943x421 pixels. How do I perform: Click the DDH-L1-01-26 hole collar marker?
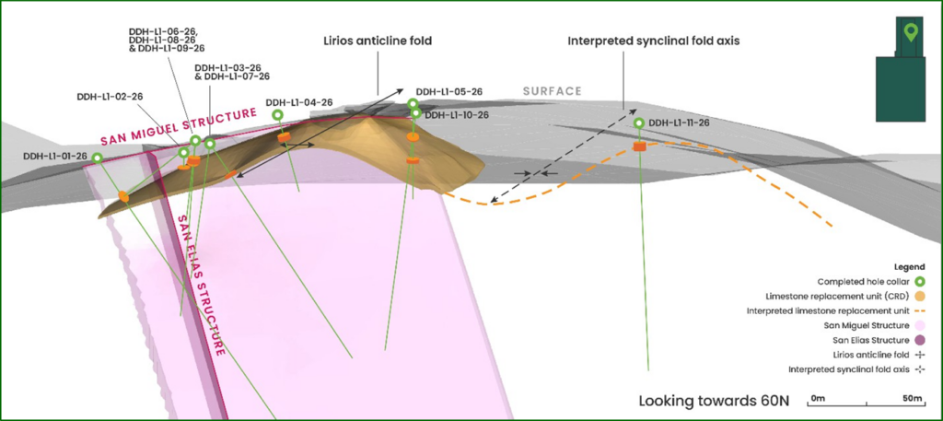pyautogui.click(x=98, y=158)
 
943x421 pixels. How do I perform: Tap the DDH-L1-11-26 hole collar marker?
pyautogui.click(x=640, y=123)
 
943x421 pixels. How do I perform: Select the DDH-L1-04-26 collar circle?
pyautogui.click(x=278, y=114)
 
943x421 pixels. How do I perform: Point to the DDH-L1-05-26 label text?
pyautogui.click(x=449, y=92)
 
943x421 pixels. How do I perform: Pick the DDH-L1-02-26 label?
pyautogui.click(x=110, y=96)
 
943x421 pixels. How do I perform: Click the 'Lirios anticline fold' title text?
pyautogui.click(x=378, y=41)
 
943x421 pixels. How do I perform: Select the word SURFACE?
pyautogui.click(x=553, y=90)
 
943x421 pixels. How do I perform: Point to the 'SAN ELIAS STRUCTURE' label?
pyautogui.click(x=201, y=287)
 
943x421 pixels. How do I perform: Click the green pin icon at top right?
pyautogui.click(x=911, y=33)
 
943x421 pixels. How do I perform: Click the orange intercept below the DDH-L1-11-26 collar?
pyautogui.click(x=640, y=146)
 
